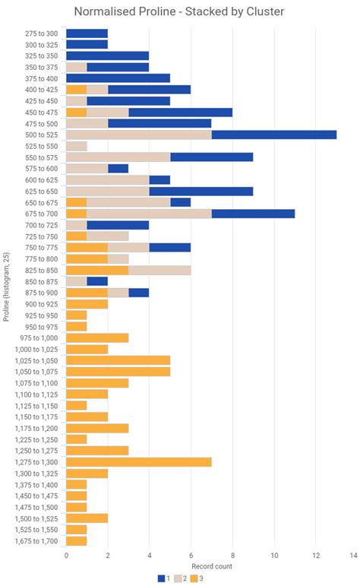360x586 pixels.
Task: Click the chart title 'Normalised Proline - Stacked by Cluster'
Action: pyautogui.click(x=180, y=11)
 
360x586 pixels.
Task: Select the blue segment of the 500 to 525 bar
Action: pyautogui.click(x=273, y=135)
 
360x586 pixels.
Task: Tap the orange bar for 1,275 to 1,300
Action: pyautogui.click(x=138, y=461)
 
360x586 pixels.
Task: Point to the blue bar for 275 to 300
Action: pyautogui.click(x=87, y=33)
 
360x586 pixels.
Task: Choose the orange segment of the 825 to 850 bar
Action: pyautogui.click(x=96, y=270)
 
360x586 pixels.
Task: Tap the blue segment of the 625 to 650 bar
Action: pyautogui.click(x=201, y=191)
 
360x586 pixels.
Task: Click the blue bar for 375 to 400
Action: pyautogui.click(x=118, y=78)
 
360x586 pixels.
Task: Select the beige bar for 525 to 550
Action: pyautogui.click(x=76, y=146)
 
